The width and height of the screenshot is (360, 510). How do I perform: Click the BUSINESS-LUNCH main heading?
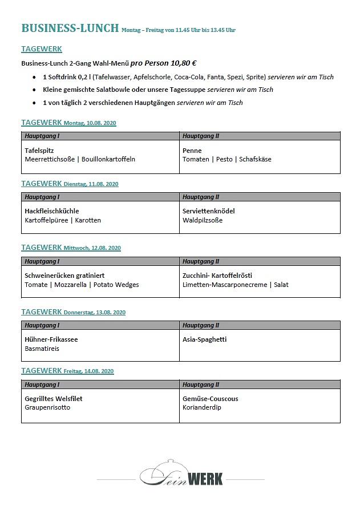[x=70, y=29]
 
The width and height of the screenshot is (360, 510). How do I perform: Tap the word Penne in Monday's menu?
[x=192, y=151]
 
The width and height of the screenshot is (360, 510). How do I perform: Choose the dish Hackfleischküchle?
[x=52, y=211]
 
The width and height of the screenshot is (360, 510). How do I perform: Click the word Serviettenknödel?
[x=209, y=211]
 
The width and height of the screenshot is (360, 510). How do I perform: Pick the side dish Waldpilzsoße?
[x=203, y=220]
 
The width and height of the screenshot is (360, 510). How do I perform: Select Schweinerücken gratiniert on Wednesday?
[x=64, y=276]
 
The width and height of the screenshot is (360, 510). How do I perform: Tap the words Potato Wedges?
[x=116, y=285]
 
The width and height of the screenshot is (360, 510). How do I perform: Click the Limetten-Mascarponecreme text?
[x=225, y=285]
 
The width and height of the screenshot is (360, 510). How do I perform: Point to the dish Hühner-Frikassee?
[x=51, y=339]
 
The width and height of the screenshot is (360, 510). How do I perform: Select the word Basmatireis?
[x=42, y=349]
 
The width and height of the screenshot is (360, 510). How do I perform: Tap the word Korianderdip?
[x=202, y=407]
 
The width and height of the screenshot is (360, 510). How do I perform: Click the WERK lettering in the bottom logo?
[x=205, y=477]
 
